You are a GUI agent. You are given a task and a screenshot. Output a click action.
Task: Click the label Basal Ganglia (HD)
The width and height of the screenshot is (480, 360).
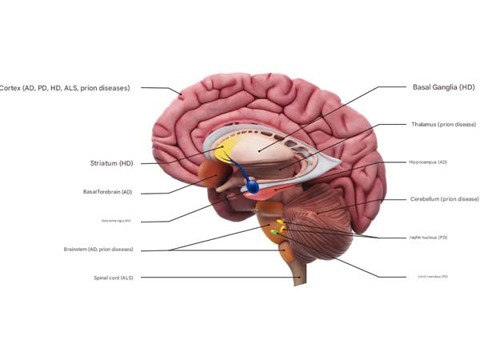[x=444, y=86]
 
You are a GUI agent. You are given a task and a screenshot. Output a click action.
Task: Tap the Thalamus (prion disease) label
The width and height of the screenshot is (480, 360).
[x=443, y=125]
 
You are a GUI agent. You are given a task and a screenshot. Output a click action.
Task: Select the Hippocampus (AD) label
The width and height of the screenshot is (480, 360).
[x=427, y=162]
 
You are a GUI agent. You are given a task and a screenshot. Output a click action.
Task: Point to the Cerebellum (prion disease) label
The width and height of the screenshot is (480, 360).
[x=444, y=198]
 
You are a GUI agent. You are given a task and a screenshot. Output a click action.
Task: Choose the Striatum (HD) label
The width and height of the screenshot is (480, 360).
[x=112, y=163]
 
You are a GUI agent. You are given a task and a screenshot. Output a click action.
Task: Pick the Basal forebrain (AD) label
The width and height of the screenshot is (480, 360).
[x=108, y=192]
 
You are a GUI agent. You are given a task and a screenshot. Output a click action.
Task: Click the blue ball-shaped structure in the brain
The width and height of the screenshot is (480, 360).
[x=253, y=188]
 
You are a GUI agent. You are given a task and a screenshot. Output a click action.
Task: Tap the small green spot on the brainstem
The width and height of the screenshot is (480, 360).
[x=274, y=231]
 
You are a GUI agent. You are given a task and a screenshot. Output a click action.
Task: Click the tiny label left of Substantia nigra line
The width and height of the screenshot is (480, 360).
[x=116, y=221]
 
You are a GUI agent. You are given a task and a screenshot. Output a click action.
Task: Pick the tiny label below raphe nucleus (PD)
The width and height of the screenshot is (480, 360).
[x=432, y=277]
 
